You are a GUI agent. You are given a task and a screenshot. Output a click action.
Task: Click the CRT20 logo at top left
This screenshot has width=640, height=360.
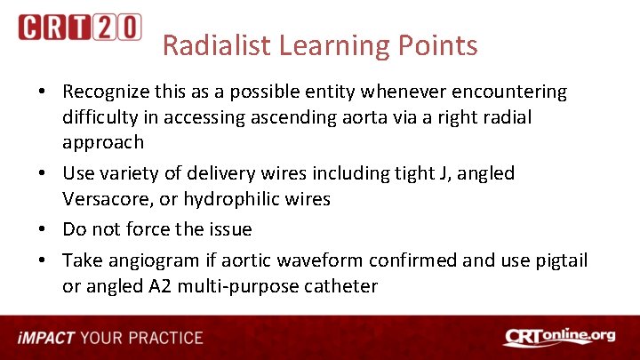tap(79, 28)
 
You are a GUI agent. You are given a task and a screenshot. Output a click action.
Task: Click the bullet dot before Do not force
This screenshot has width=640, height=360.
tap(43, 230)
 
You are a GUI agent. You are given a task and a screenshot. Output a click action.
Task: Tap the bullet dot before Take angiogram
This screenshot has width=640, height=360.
tap(43, 260)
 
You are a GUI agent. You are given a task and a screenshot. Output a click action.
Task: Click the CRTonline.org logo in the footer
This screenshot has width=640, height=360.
tap(559, 337)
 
